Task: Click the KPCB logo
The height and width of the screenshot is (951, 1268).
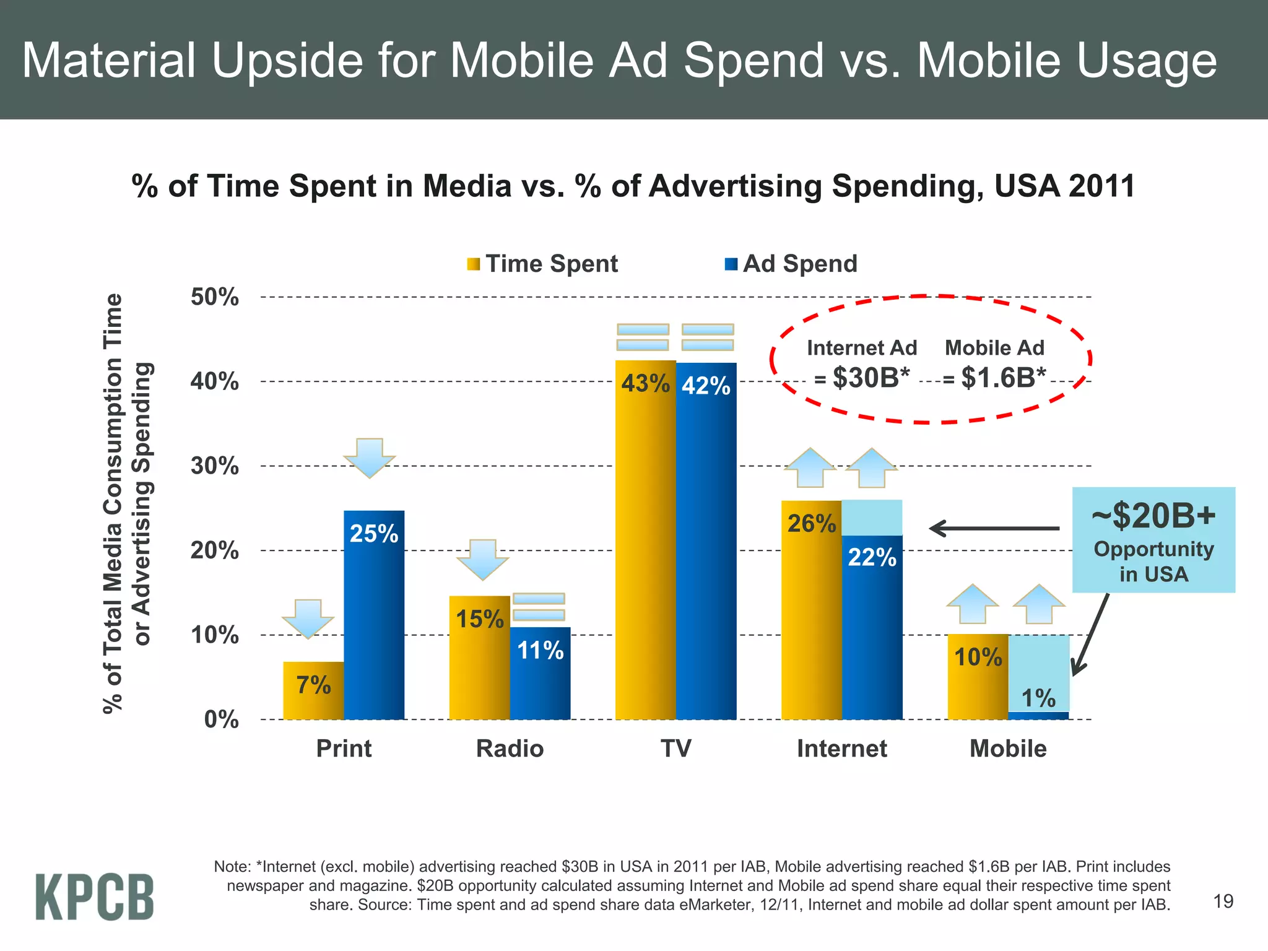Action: point(94,896)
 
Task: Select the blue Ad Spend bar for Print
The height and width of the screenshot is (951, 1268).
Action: point(374,619)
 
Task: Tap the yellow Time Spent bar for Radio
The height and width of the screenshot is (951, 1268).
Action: point(479,662)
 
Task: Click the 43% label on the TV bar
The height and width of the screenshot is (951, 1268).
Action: point(645,383)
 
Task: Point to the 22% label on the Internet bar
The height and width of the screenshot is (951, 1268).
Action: point(872,557)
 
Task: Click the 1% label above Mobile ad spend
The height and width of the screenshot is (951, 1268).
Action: point(1038,698)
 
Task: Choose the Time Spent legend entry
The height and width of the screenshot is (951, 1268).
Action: point(542,264)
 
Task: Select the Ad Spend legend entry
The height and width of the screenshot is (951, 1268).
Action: point(791,264)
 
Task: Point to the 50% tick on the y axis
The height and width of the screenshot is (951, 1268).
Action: point(214,297)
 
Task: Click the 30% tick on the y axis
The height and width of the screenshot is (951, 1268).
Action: point(214,466)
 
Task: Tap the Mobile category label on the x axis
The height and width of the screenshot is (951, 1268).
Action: point(1007,749)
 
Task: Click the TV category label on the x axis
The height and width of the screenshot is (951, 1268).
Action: point(675,749)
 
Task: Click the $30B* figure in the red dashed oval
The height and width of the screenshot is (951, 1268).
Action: point(871,378)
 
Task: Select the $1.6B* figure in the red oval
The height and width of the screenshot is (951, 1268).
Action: point(1003,378)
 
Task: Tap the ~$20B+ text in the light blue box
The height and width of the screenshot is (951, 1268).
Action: point(1153,515)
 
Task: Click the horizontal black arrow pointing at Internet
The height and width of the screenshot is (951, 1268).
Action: point(994,528)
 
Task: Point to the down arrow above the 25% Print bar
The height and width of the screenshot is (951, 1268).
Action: point(370,458)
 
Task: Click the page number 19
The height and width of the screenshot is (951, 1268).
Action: point(1223,901)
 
